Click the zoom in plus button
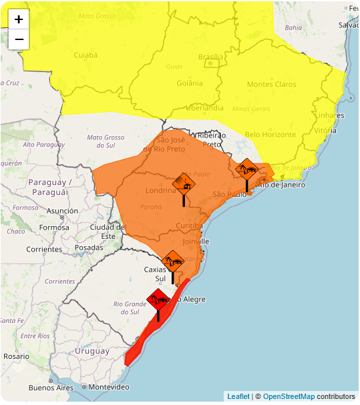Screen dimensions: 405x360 point(19,19)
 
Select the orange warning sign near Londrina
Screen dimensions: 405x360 point(184,183)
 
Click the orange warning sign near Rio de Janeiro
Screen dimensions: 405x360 point(247,169)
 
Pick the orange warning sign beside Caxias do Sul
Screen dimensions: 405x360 point(173,262)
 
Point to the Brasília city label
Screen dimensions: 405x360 point(210,57)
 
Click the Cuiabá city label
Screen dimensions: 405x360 point(85,55)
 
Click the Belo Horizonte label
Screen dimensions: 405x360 point(271,135)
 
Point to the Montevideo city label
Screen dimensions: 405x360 point(108,387)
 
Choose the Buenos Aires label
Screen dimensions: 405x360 point(50,388)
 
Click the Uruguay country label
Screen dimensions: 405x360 point(92,351)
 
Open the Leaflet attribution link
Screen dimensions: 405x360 point(238,396)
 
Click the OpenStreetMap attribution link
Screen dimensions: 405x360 point(289,396)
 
